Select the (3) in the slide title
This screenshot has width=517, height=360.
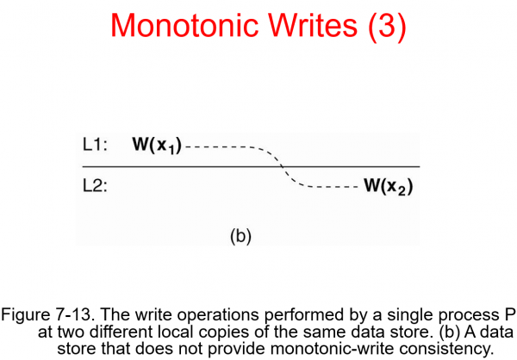point(379,27)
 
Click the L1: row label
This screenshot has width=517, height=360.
point(95,145)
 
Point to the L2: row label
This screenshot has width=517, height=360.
point(95,185)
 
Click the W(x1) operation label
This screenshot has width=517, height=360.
point(158,145)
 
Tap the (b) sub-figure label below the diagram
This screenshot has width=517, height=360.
point(240,235)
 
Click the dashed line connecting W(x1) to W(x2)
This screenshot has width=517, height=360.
point(281,164)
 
